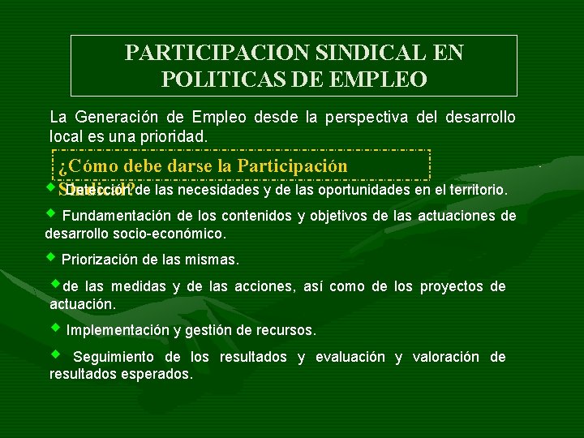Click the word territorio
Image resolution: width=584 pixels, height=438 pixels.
pyautogui.click(x=474, y=191)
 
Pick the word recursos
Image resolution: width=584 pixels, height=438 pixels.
pyautogui.click(x=289, y=331)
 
